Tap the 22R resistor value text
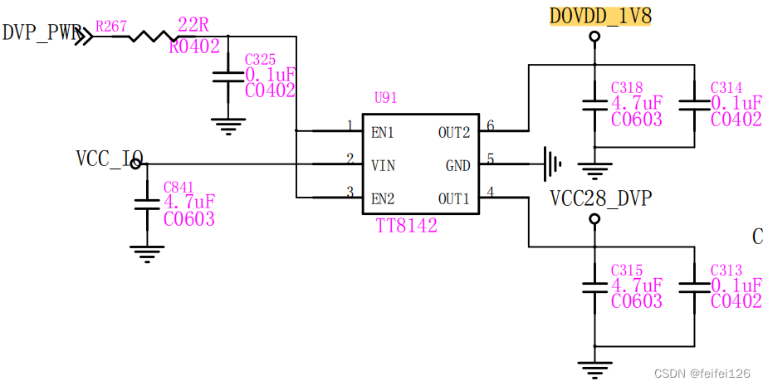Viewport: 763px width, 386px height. (x=193, y=24)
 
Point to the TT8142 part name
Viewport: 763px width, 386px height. (x=406, y=225)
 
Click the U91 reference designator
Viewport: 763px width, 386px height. (x=385, y=98)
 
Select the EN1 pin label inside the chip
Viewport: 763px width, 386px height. (x=383, y=132)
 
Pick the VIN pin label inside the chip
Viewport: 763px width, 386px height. (x=383, y=165)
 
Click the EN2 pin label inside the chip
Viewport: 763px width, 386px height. (x=383, y=198)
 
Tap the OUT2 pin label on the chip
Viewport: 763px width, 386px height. (x=454, y=132)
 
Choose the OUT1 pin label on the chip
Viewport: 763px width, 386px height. (x=454, y=198)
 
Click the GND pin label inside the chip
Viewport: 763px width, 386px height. (x=457, y=165)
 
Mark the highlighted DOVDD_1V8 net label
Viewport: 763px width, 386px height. (x=600, y=16)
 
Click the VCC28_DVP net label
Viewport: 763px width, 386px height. (x=600, y=198)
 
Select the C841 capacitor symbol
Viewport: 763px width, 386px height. (x=146, y=203)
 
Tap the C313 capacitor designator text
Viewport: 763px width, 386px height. (x=726, y=271)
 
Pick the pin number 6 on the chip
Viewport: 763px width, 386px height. (x=490, y=126)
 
